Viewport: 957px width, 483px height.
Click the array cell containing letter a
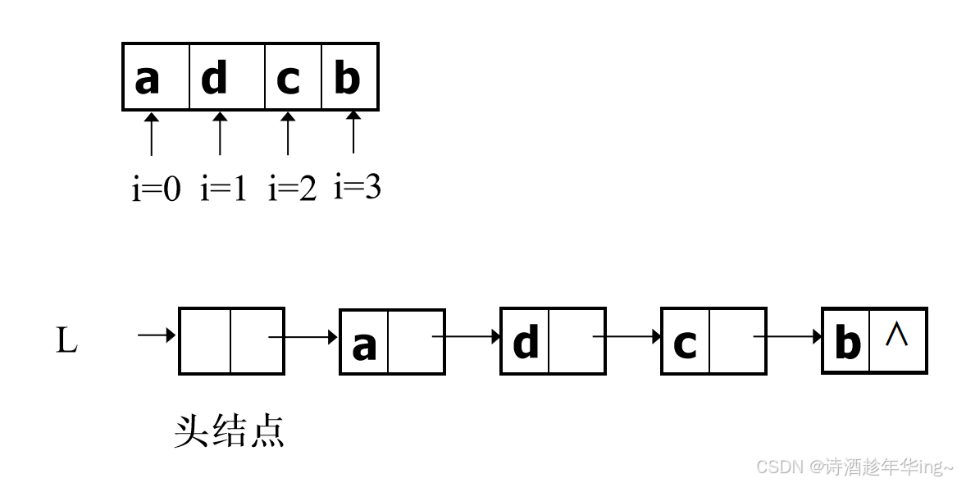[157, 77]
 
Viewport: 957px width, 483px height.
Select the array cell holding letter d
[227, 77]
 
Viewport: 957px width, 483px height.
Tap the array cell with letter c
[293, 77]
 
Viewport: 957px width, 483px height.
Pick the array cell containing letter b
[349, 77]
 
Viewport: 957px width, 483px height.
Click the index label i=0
[156, 189]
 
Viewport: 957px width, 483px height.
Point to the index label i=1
[223, 189]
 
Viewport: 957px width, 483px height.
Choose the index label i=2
[292, 189]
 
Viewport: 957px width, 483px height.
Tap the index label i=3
[358, 188]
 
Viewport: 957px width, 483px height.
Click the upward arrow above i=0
[151, 134]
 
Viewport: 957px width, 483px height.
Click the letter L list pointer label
[66, 341]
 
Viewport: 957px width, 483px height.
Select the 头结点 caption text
[229, 431]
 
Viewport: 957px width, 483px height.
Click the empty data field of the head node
[205, 341]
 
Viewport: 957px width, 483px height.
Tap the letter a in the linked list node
[364, 345]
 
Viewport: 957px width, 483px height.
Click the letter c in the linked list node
[685, 344]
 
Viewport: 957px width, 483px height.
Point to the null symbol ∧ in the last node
[897, 334]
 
